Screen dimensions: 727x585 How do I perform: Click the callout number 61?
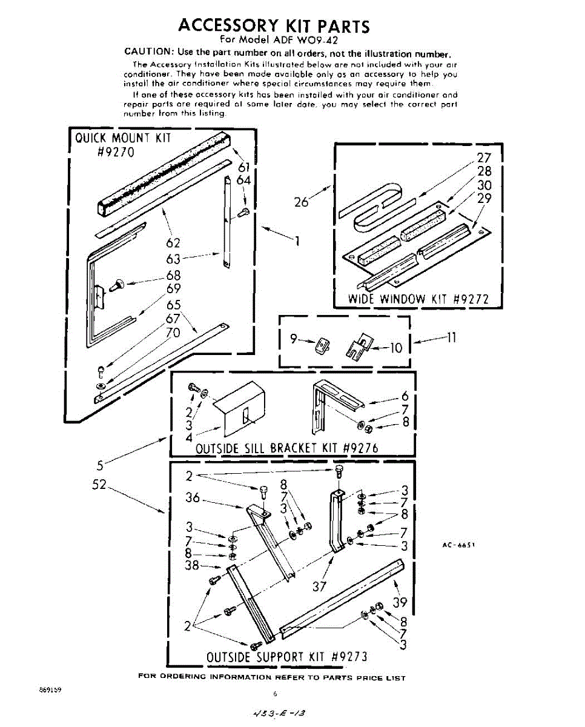(245, 167)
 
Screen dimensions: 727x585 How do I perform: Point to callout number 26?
(302, 202)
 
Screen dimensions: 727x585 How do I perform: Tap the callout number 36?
(193, 498)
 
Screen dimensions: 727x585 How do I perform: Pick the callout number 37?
(320, 586)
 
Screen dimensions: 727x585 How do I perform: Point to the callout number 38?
(193, 565)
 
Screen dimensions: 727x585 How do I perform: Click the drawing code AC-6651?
(458, 545)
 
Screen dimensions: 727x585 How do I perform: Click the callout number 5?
(100, 466)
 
